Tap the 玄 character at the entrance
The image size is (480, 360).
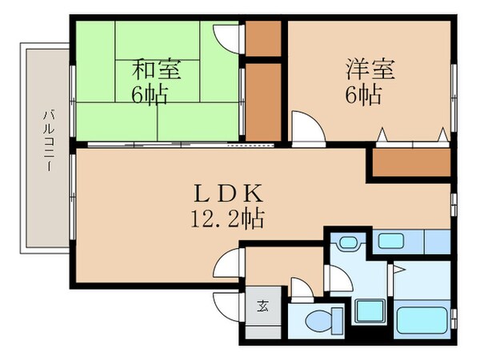pos(262,306)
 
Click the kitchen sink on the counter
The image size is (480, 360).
pos(392,239)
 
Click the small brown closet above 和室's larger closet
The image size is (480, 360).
pos(263,36)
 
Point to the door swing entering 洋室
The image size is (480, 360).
pos(305,127)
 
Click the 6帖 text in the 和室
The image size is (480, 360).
pos(150,95)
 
